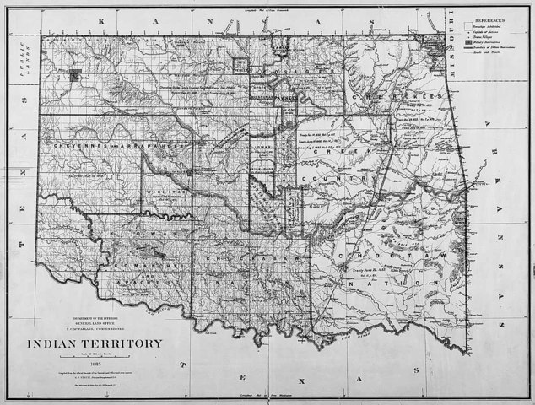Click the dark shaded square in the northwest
(76, 75)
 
